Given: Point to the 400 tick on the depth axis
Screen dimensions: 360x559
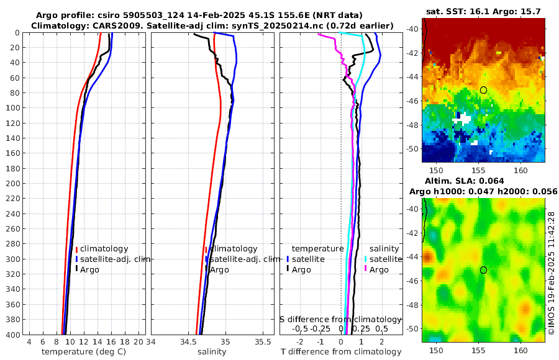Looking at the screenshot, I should click(x=11, y=335).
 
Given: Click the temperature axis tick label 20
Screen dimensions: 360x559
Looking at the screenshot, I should click(x=139, y=342).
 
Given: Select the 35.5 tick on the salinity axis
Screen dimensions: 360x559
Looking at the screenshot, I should click(x=264, y=342).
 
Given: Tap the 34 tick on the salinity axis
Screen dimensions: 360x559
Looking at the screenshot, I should click(x=151, y=342).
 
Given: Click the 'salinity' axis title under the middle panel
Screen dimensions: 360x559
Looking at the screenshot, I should click(x=211, y=352).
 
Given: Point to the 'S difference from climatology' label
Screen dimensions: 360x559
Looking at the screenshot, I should click(x=340, y=318).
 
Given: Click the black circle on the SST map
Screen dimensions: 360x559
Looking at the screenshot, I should click(x=483, y=90).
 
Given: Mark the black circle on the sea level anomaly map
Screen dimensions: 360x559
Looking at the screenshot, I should click(x=483, y=270).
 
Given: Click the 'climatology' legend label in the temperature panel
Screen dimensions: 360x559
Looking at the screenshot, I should click(x=104, y=248).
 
